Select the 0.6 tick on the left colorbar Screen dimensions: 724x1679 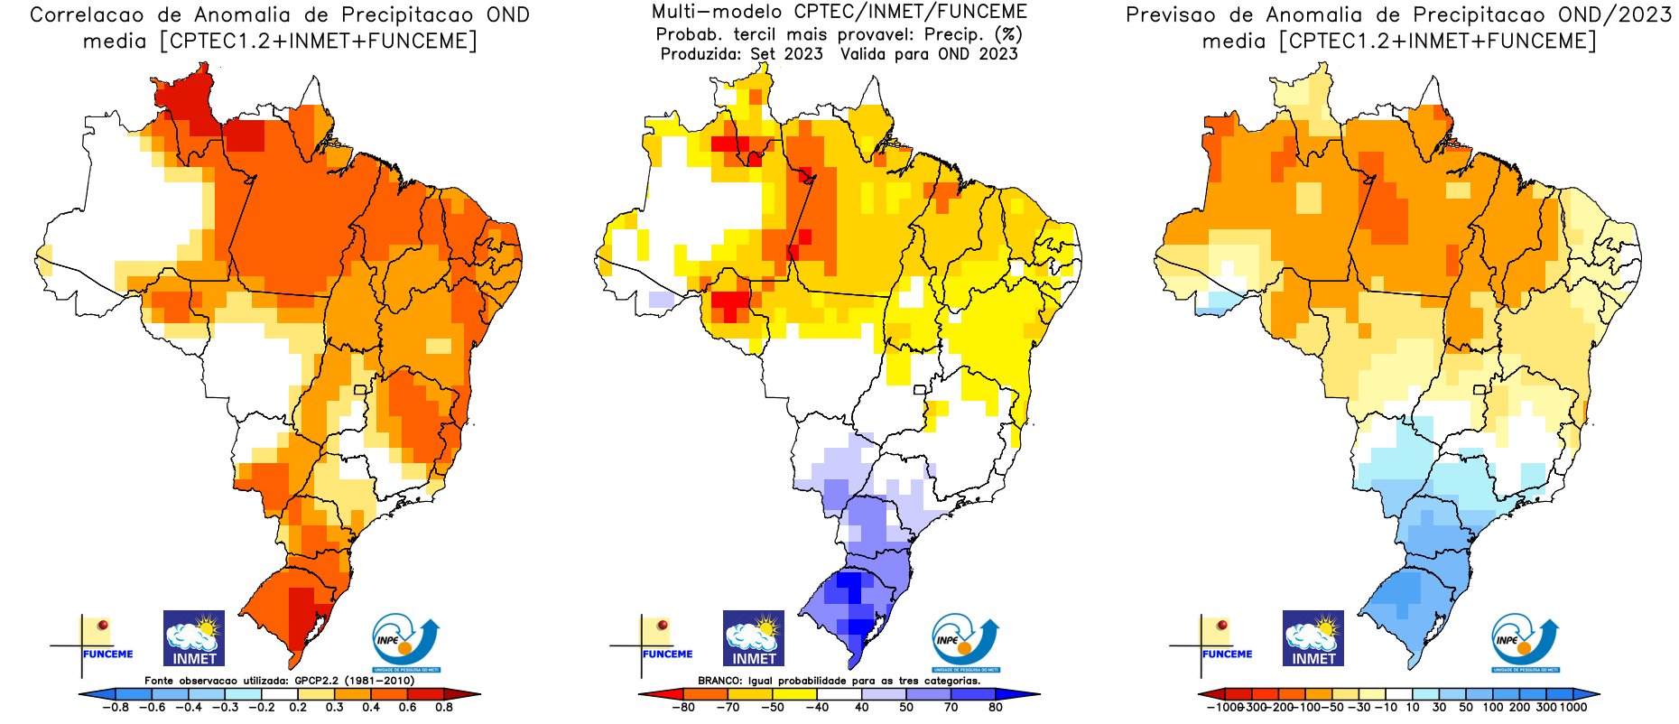407,708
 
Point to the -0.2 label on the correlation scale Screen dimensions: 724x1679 261,708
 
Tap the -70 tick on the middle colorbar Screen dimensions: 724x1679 727,708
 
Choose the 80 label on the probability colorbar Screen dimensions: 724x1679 996,708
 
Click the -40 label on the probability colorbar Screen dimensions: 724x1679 816,708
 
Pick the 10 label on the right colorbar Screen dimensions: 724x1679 1413,708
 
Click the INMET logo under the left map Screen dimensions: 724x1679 194,638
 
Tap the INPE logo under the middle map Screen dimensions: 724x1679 965,642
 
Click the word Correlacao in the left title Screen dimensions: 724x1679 87,15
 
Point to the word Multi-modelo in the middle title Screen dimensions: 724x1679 717,13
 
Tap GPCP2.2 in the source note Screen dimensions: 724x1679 318,681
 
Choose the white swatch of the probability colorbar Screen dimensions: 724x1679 839,694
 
